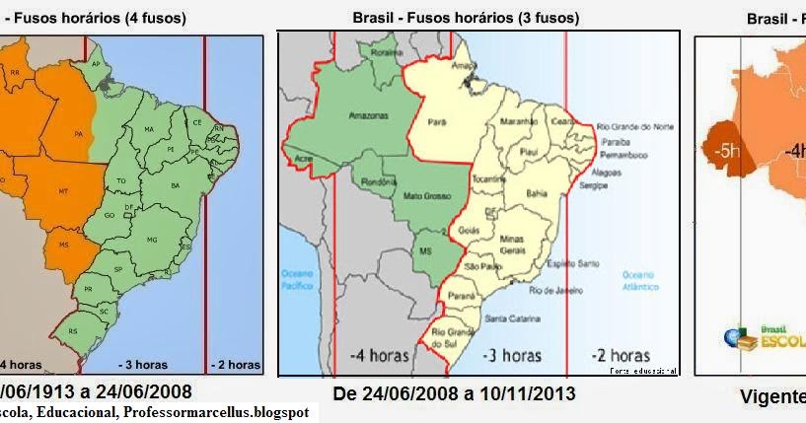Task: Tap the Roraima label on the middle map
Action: [386, 52]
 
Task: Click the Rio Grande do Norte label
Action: [636, 126]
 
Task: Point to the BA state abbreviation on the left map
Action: [176, 185]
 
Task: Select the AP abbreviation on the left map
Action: [97, 63]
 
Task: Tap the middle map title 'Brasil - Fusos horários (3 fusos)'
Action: [466, 18]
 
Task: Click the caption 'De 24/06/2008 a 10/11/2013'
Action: [454, 394]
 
